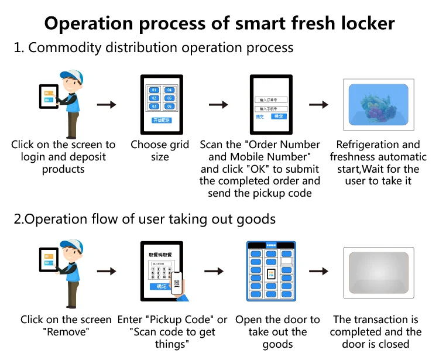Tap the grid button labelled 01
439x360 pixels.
click(153, 90)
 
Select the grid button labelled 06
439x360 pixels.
click(169, 107)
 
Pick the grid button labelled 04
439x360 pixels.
click(169, 90)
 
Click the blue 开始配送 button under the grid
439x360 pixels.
click(162, 120)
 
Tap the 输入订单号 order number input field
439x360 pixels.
click(270, 100)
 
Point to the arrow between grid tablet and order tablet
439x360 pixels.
click(218, 105)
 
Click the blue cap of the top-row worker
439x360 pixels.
click(72, 76)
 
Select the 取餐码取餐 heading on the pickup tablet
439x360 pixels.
click(162, 255)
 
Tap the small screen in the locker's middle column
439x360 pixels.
click(270, 274)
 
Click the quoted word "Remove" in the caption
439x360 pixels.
click(66, 332)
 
